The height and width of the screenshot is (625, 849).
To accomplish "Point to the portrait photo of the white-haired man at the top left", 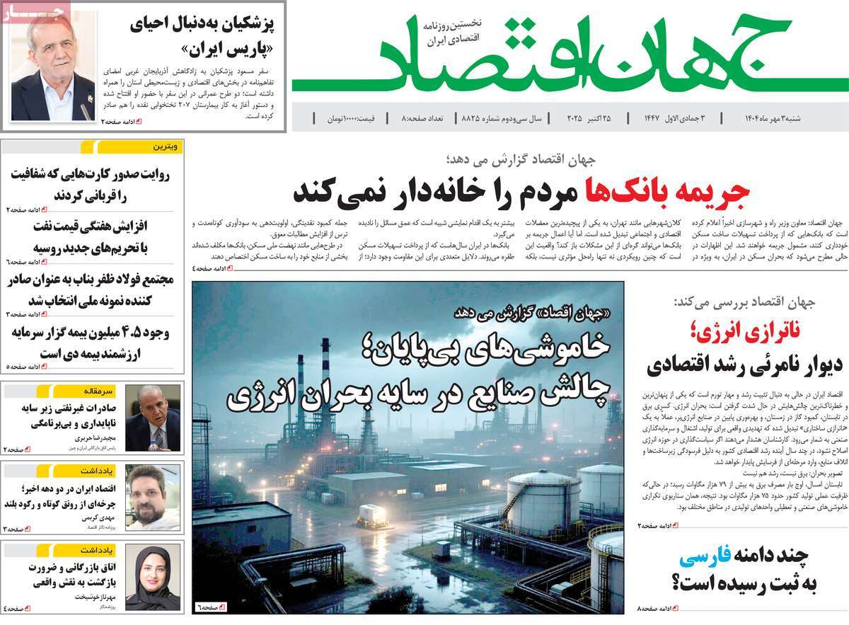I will [52, 69].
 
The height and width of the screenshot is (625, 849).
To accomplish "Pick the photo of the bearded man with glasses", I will [153, 498].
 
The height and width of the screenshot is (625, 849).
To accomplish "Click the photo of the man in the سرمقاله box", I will [153, 418].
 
